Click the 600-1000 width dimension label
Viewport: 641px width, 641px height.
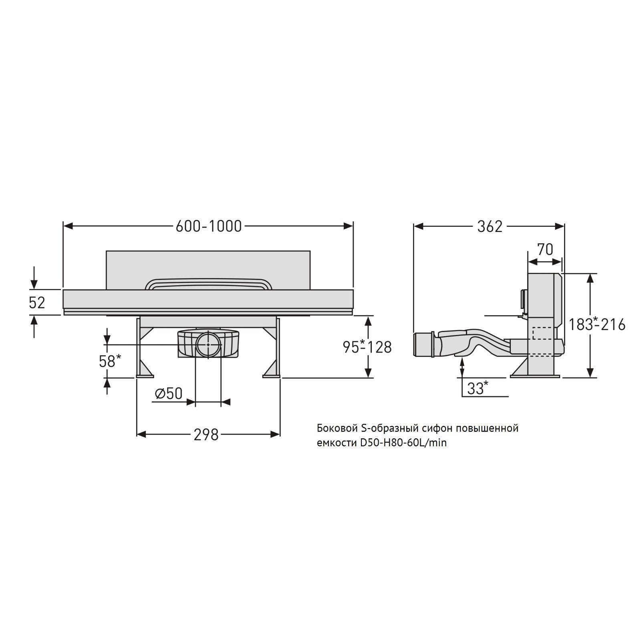pyautogui.click(x=209, y=226)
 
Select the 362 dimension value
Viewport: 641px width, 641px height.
pyautogui.click(x=490, y=226)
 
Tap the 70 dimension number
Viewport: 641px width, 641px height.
pyautogui.click(x=545, y=250)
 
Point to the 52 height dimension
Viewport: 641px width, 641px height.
pyautogui.click(x=37, y=302)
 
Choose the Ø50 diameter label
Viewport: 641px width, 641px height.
pyautogui.click(x=169, y=393)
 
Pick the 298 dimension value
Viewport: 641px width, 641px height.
pyautogui.click(x=206, y=434)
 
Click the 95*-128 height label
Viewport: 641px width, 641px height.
pyautogui.click(x=367, y=347)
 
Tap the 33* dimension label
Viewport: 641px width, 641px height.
pyautogui.click(x=478, y=388)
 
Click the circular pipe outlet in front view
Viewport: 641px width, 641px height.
pyautogui.click(x=208, y=344)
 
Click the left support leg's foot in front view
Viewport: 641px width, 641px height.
pyautogui.click(x=145, y=375)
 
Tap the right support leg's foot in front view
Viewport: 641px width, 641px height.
pyautogui.click(x=272, y=375)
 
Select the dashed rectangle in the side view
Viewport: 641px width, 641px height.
pyautogui.click(x=544, y=333)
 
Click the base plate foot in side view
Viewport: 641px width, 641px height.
pyautogui.click(x=535, y=375)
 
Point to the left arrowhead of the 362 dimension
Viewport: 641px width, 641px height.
pyautogui.click(x=418, y=226)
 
